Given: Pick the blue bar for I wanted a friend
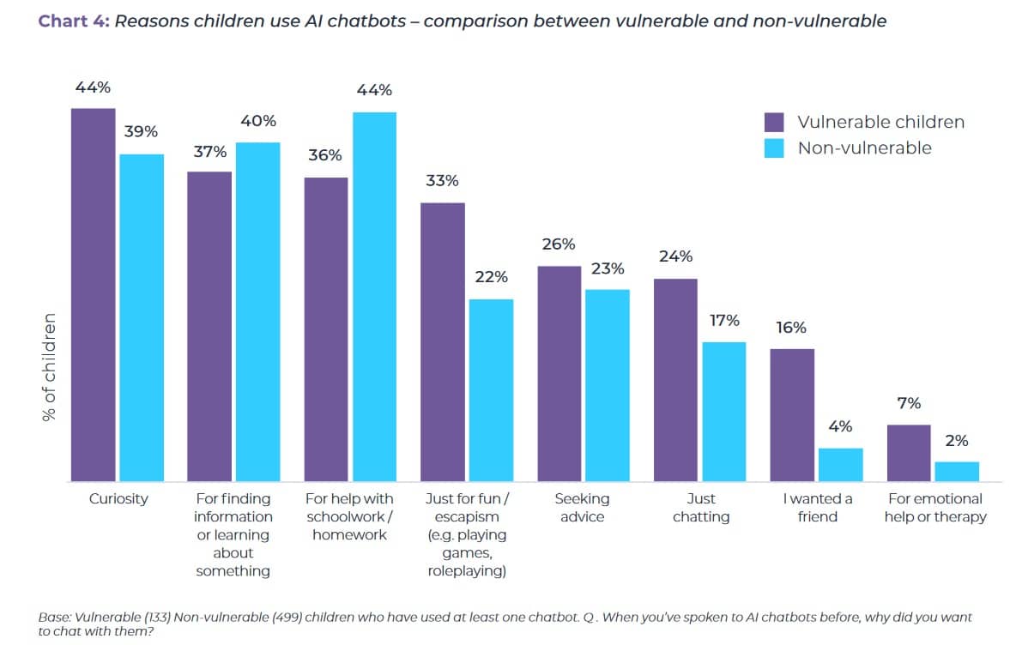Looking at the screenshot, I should [x=840, y=464].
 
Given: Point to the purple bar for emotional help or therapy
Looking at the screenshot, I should [x=909, y=452].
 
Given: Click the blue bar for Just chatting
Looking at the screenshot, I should [x=723, y=411].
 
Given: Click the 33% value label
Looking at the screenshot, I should [x=442, y=181].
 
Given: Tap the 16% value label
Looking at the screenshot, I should [x=791, y=328].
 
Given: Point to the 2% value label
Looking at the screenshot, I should [x=956, y=441].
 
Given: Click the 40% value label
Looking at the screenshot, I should [x=257, y=122].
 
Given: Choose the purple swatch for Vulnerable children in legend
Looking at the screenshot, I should [x=774, y=122].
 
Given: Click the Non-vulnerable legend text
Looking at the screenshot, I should [x=864, y=148].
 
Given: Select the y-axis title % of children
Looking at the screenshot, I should [x=49, y=366].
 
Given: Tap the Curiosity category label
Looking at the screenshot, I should [x=118, y=499].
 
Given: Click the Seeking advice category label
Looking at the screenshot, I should [x=582, y=508].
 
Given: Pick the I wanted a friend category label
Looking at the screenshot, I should [x=817, y=508].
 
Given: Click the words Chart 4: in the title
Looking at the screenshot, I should [x=73, y=21].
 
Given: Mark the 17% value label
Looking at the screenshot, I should [x=723, y=321].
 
